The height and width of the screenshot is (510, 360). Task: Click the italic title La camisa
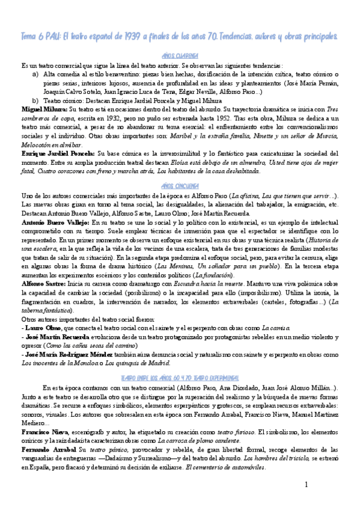click(272, 329)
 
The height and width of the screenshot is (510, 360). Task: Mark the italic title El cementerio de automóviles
click(226, 467)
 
